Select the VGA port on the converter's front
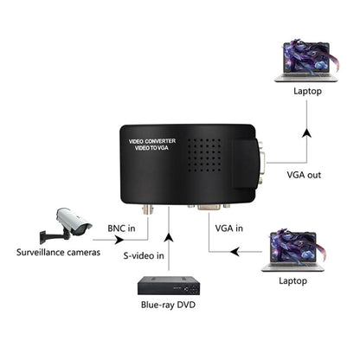click(x=210, y=209)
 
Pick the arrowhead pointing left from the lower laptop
click(x=233, y=252)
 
